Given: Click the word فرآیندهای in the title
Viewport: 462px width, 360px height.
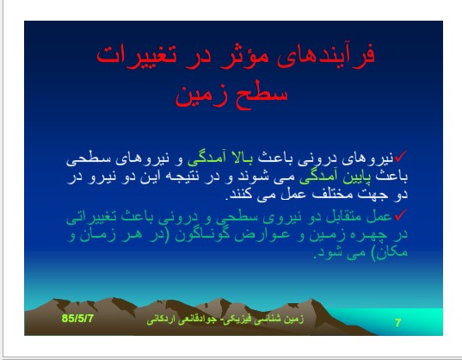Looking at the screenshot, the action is tap(327, 55).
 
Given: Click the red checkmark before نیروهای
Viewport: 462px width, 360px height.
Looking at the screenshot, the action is tap(401, 157).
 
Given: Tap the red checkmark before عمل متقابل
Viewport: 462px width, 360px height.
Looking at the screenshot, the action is tap(401, 215).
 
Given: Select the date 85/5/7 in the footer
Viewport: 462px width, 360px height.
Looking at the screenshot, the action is tap(77, 319).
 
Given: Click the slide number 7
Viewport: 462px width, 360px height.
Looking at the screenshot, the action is tap(397, 323).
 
